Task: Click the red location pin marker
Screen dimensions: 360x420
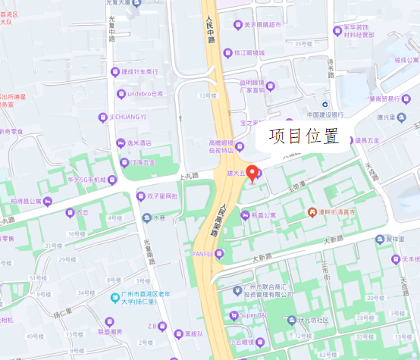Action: pos(253,171)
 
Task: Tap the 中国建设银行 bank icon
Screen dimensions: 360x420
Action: pos(324,105)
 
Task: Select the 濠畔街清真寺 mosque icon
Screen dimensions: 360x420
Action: pos(312,212)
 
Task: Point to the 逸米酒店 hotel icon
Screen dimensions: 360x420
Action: pos(119,142)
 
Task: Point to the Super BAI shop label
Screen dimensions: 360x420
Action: pos(251,315)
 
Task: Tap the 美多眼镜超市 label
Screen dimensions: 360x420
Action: pos(262,24)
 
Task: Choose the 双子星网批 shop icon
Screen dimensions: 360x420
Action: pos(140,196)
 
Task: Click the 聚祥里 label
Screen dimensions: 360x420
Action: pos(395,238)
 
